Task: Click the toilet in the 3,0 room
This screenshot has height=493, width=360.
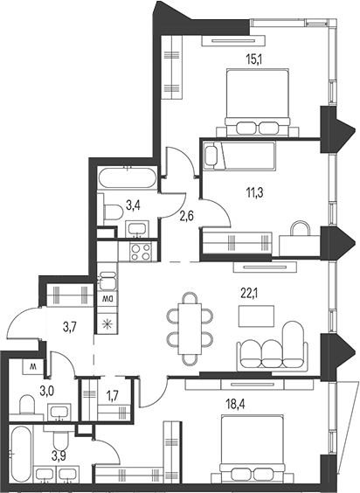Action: point(26,403)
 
